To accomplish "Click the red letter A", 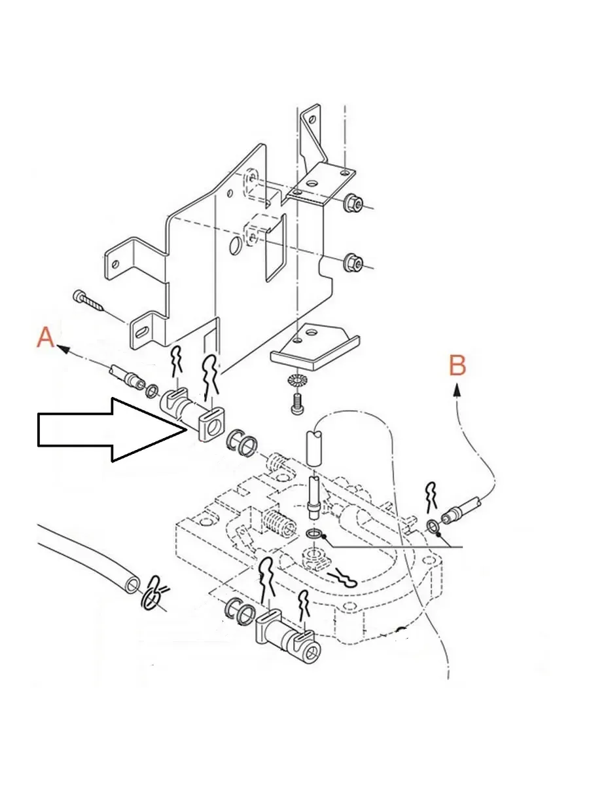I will click(x=45, y=338).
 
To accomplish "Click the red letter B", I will click(x=457, y=365).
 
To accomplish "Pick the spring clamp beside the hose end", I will click(x=154, y=592).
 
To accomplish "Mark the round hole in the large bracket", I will click(x=236, y=247).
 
